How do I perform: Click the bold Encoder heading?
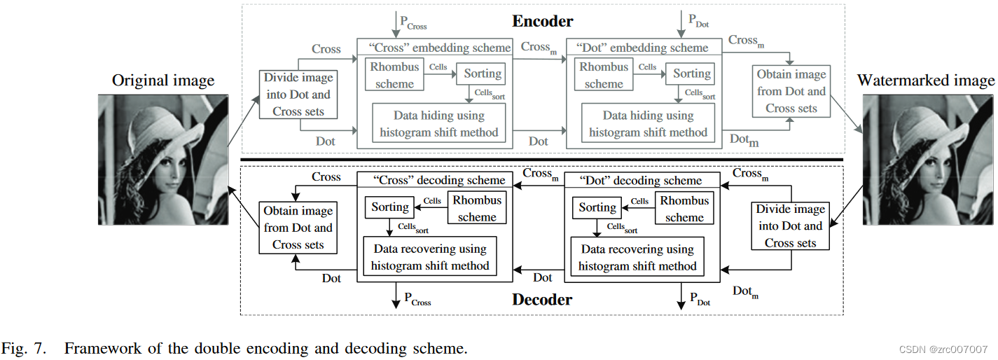(543, 21)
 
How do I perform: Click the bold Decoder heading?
(542, 300)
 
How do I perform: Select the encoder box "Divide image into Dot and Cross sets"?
(297, 95)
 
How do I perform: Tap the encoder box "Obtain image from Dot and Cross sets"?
(791, 92)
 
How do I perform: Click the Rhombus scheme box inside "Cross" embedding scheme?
(395, 76)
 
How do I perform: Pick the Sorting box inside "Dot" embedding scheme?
(691, 74)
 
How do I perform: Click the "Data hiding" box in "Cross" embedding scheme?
(438, 124)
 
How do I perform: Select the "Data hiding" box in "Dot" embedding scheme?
(648, 124)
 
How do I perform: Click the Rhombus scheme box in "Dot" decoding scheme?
(684, 209)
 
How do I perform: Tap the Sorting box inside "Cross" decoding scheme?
(390, 207)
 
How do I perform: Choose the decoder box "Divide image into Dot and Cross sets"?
(790, 226)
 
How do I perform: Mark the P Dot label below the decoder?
(700, 300)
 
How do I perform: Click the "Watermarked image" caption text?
(925, 81)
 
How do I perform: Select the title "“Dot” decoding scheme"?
(642, 181)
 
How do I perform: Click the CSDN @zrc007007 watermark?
(942, 349)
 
